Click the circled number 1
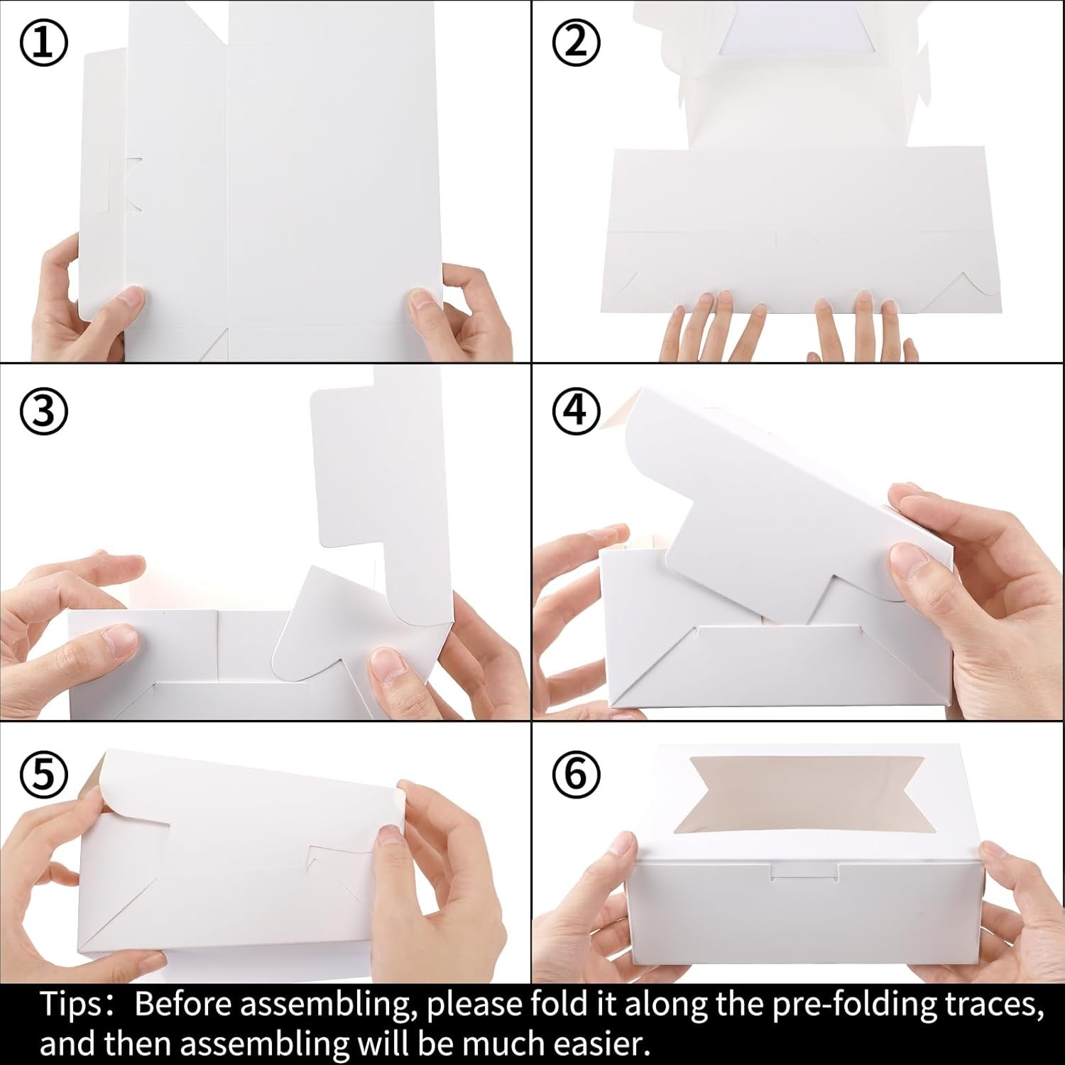(x=43, y=44)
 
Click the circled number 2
(x=577, y=44)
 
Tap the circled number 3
(x=43, y=411)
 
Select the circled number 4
(x=577, y=411)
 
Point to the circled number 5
(x=43, y=773)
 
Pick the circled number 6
(x=577, y=773)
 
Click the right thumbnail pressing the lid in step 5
(x=389, y=836)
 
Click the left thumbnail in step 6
(x=622, y=844)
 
